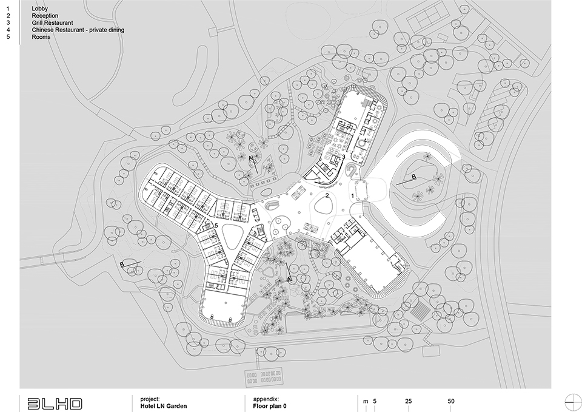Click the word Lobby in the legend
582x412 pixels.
40,8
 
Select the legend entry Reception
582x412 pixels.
45,16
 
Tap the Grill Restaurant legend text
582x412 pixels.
52,22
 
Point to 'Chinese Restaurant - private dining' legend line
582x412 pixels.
78,30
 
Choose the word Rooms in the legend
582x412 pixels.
41,37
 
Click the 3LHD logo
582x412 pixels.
55,404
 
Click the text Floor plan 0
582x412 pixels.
270,406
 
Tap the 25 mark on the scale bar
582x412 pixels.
408,401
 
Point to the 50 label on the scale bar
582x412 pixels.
451,401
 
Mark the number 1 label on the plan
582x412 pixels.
353,195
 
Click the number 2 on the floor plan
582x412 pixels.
327,195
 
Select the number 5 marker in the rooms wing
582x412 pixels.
216,225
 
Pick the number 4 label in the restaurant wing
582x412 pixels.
365,140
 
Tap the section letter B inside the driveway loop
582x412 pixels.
414,177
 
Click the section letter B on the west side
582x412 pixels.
122,265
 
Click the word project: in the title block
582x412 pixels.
150,399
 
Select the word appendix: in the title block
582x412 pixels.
266,399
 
